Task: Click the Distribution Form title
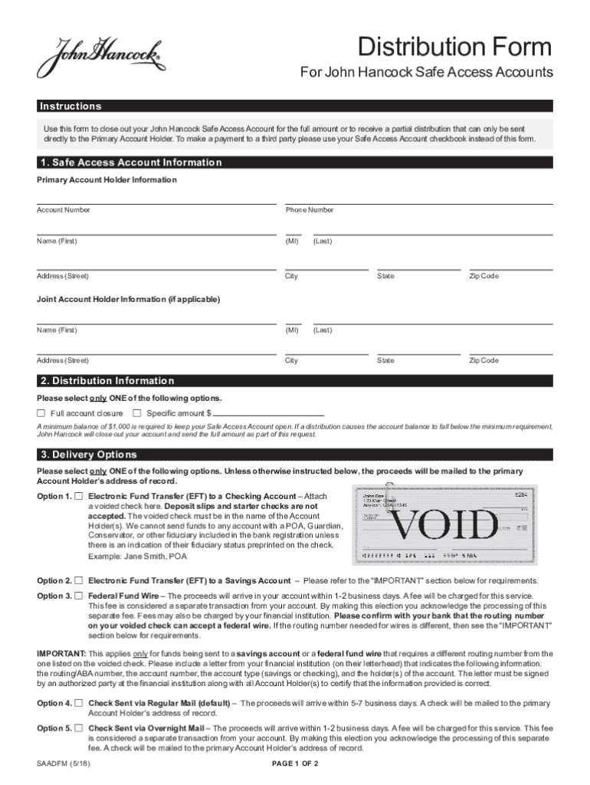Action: (x=455, y=48)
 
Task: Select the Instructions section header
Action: (x=70, y=107)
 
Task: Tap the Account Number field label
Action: (x=64, y=210)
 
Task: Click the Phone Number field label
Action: (x=310, y=210)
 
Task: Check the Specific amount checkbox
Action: (x=137, y=413)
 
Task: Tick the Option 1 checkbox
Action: (x=78, y=497)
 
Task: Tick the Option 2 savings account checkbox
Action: (x=78, y=581)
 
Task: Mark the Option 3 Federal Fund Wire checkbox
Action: (x=78, y=596)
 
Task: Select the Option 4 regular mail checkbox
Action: (x=78, y=703)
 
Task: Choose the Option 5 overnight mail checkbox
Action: (x=78, y=728)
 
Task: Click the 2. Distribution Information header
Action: (x=107, y=381)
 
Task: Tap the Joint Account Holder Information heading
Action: (x=128, y=299)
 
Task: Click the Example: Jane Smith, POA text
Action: (x=137, y=555)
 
